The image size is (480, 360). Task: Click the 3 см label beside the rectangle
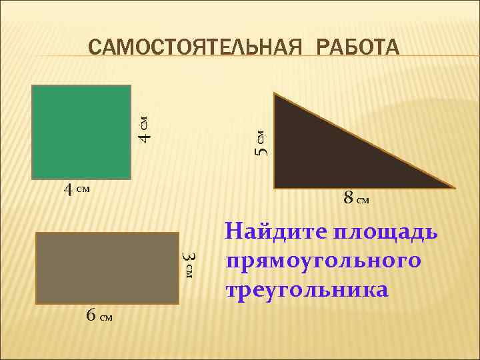click(189, 265)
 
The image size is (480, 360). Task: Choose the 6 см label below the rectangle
click(99, 315)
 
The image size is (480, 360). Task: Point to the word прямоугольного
click(324, 260)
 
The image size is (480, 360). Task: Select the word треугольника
click(307, 290)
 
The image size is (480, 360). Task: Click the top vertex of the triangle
click(274, 93)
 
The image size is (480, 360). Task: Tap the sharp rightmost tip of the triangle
click(456, 188)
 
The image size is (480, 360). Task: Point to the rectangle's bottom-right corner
click(179, 304)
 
